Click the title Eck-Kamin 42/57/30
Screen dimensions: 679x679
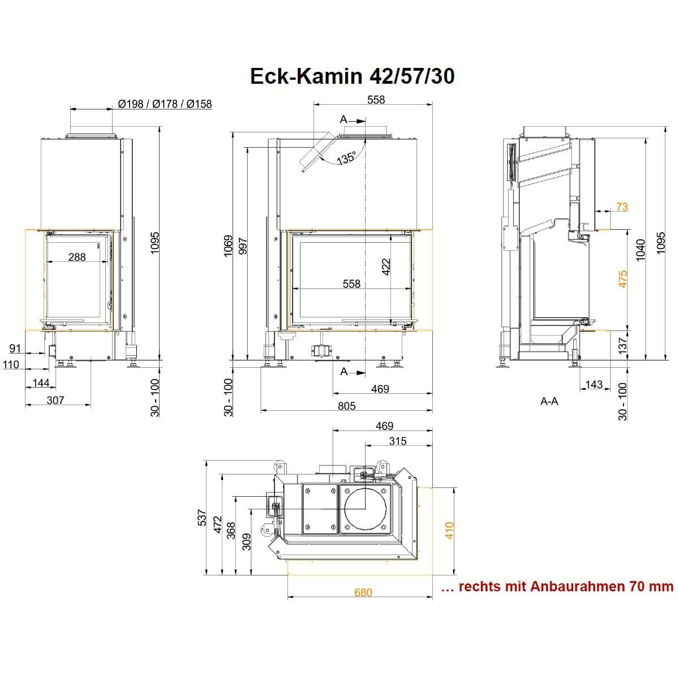(352, 76)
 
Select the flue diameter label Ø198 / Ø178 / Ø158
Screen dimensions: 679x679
(165, 104)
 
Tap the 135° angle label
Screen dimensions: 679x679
(346, 157)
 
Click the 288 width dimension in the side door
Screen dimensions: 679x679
(77, 257)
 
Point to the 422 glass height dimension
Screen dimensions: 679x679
(386, 267)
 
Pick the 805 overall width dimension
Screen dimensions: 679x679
(347, 406)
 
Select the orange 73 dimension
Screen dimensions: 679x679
(622, 207)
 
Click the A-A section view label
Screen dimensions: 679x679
(549, 401)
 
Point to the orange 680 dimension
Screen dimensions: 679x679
(363, 592)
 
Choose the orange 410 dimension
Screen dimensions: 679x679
(449, 531)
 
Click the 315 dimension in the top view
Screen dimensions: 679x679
(398, 441)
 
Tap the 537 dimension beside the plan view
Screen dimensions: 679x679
(201, 517)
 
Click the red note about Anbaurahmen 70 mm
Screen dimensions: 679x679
(557, 587)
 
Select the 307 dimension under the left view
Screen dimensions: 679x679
(55, 400)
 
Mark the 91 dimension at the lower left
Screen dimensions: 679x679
(15, 349)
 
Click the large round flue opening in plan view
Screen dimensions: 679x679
(365, 509)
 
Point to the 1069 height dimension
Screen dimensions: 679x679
(229, 246)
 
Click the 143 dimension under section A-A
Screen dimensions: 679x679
(594, 384)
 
